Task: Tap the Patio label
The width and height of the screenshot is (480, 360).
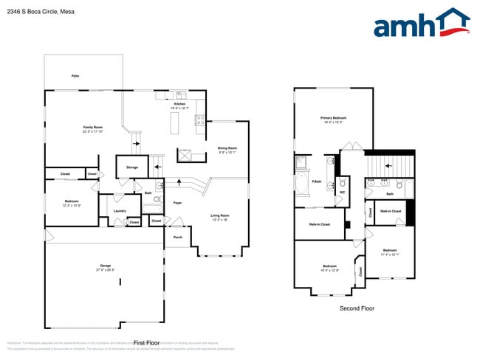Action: [75, 76]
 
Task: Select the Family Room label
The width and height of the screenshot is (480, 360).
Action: [92, 128]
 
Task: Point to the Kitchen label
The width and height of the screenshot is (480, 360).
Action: [179, 105]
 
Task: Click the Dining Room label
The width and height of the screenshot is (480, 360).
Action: [227, 148]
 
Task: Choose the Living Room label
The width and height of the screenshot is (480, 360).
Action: [220, 215]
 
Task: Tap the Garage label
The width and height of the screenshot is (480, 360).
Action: [106, 266]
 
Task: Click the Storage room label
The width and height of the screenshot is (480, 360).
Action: [132, 167]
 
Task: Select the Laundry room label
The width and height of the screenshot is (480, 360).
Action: [120, 210]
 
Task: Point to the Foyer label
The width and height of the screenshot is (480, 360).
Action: [178, 202]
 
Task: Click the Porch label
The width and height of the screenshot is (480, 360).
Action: [178, 237]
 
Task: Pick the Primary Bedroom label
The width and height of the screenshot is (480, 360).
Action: [334, 118]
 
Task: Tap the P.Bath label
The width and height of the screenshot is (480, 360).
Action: [316, 181]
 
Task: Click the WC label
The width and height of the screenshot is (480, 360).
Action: [343, 193]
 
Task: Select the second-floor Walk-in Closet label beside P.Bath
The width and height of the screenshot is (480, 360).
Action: [319, 224]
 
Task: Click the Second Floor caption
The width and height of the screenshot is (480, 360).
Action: [357, 308]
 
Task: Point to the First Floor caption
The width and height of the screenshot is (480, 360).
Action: [147, 343]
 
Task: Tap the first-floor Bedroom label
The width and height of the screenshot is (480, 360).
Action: [71, 201]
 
